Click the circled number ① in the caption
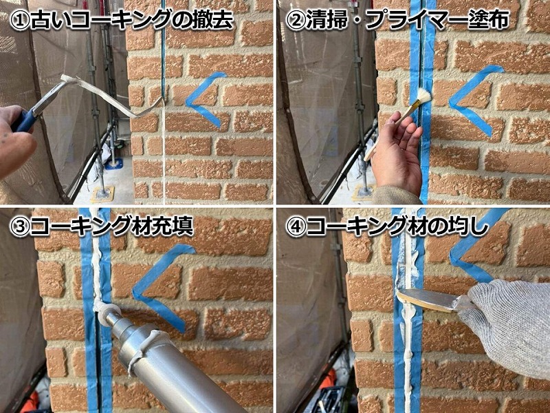tap(19, 20)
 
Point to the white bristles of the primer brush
tap(423, 96)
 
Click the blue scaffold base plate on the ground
tap(114, 164)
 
